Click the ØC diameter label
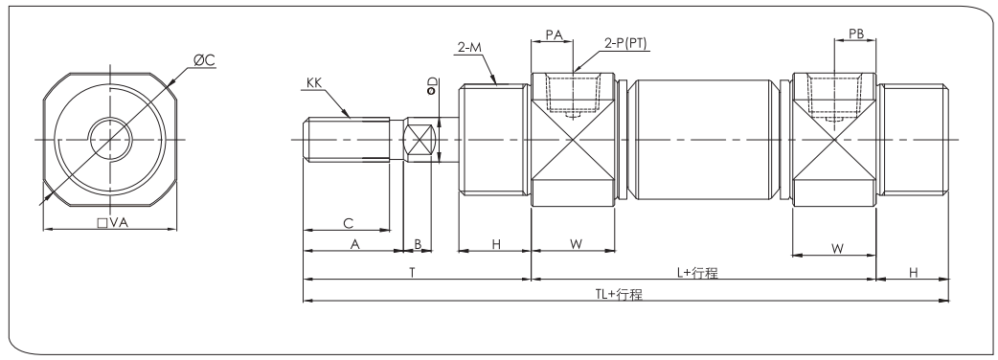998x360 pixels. [205, 60]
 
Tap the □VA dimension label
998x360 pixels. [113, 223]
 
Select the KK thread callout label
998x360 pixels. [314, 82]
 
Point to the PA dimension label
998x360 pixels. [555, 34]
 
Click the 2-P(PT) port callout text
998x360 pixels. [625, 44]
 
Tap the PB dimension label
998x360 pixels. [856, 34]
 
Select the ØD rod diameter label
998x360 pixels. [432, 86]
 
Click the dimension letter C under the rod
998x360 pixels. [349, 223]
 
